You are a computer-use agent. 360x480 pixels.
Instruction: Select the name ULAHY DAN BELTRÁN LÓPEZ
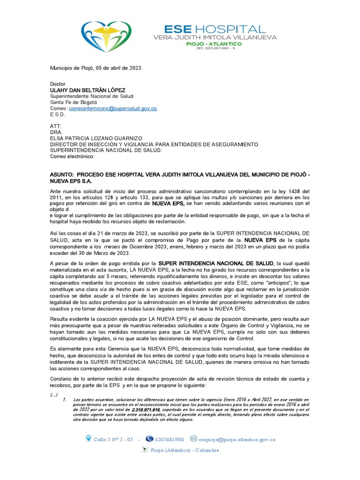85,90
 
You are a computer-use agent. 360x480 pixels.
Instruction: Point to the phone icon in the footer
150,439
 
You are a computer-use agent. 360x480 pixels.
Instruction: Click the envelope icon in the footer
194,439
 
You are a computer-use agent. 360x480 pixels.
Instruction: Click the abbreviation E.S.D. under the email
58,114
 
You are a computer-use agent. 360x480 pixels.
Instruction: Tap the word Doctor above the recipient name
59,84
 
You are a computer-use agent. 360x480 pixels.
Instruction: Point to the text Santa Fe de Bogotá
73,102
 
